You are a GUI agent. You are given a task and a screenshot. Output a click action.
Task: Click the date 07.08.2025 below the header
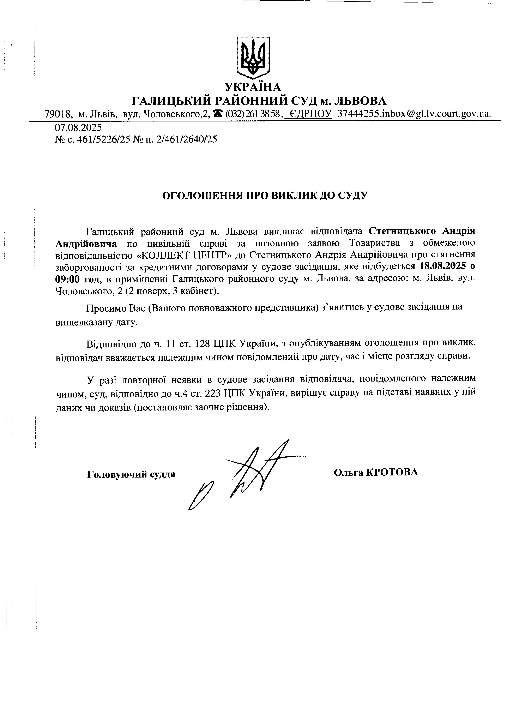(78, 127)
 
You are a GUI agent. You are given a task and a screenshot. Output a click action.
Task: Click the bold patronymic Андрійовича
(86, 244)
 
